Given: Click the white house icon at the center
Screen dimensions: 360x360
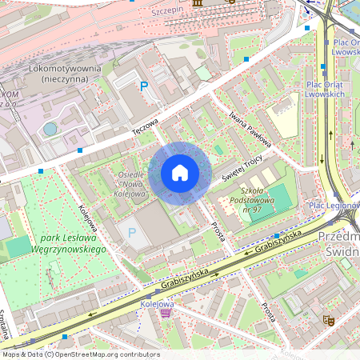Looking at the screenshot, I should [180, 173].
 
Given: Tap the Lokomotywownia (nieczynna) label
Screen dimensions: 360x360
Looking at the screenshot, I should [63, 74].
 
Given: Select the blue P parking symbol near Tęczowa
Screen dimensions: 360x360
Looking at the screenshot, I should [144, 86].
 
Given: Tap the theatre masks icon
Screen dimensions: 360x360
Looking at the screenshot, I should [326, 319].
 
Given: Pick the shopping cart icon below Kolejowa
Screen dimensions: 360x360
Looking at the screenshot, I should [166, 313].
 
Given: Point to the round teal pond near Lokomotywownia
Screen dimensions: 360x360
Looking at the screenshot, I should [50, 129].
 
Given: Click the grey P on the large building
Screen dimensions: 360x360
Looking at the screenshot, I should [132, 233].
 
